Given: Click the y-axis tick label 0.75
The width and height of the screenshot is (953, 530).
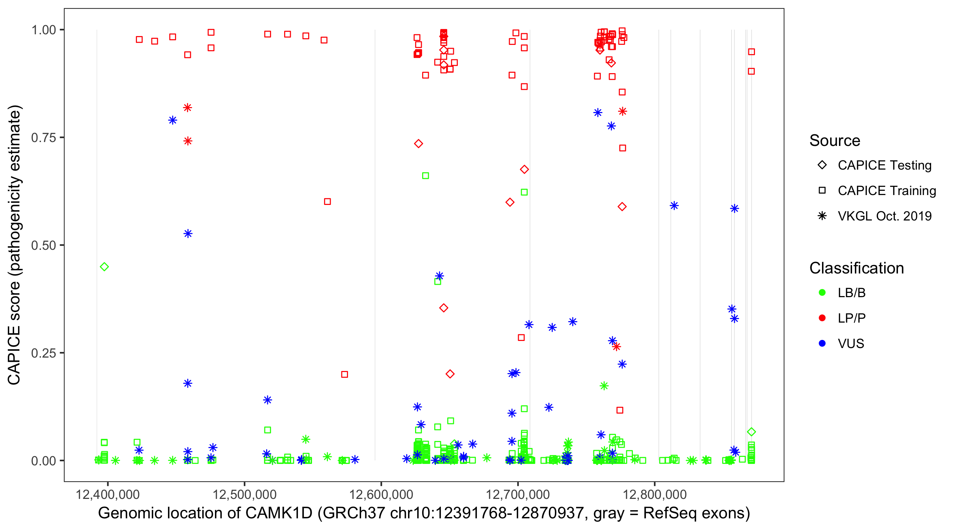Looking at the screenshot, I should click(43, 138).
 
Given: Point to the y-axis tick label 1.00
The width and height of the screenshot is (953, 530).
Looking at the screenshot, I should click(43, 30).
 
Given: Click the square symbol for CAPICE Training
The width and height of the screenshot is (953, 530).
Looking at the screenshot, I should click(822, 190).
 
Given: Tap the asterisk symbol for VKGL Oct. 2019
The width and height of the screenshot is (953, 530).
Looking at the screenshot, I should click(822, 216).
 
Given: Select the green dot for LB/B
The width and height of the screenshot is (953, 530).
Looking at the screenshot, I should click(822, 293).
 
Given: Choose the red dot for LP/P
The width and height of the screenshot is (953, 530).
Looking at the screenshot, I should click(822, 318).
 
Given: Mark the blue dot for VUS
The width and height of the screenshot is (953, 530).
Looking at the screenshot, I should click(822, 343).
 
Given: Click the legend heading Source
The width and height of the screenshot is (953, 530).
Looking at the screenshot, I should click(835, 141).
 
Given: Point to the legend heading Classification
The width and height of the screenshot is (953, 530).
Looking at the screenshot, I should click(856, 268).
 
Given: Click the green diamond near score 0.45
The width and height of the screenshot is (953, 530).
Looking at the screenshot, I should click(104, 267).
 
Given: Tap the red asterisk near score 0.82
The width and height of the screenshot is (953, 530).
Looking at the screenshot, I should click(187, 108).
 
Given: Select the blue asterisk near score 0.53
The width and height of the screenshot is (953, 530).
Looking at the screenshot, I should click(188, 234).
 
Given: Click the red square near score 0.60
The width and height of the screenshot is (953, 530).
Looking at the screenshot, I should click(328, 201).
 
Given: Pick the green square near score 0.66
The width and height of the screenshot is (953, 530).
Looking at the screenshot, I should click(425, 176).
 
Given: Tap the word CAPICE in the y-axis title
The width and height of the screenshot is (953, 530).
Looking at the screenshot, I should click(14, 355).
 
